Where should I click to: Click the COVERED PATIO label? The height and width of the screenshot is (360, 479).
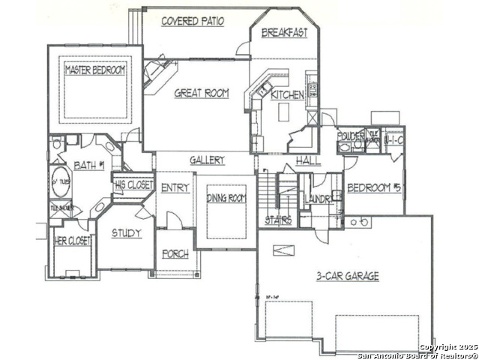point(193,21)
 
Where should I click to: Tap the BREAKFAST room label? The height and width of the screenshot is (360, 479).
point(284,33)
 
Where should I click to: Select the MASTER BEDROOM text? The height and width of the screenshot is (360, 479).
point(94,70)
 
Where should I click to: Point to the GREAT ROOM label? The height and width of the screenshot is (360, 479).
point(196,93)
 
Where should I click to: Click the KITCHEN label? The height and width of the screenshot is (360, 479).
point(287,95)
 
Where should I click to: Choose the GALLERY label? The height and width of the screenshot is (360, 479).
point(207,160)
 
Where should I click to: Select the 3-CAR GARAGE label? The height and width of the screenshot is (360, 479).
point(346,276)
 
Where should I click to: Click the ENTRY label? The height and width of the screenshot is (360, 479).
point(175,187)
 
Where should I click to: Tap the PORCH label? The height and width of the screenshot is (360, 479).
point(176,254)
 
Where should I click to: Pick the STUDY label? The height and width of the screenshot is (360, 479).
point(126,233)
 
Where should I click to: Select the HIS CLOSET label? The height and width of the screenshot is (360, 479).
point(133,183)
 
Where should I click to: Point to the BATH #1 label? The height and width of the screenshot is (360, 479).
point(88,165)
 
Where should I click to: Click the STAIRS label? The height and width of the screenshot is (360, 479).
point(278,220)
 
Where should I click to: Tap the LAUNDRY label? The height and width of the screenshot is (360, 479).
point(319,198)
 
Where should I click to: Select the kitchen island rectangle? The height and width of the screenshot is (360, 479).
point(283,112)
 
